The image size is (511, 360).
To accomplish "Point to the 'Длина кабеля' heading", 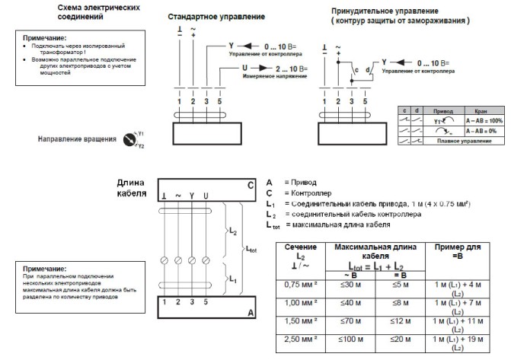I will (x=131, y=188).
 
